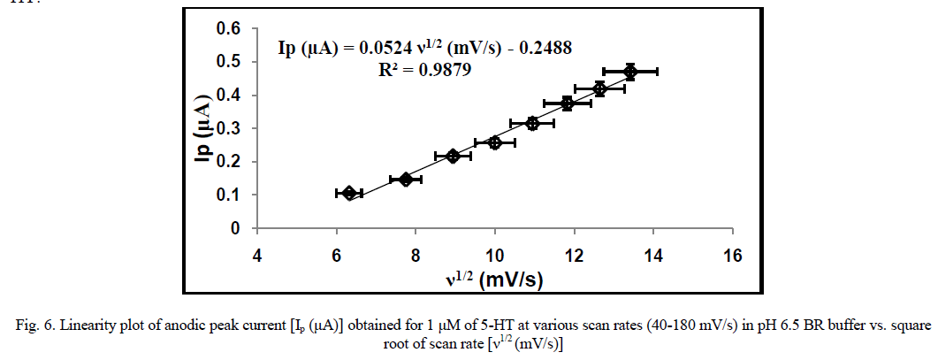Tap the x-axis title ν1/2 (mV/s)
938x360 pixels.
click(x=494, y=280)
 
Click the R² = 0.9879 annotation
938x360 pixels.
click(x=424, y=71)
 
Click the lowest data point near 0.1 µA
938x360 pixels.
click(x=349, y=193)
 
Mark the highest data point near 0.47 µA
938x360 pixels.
click(x=630, y=72)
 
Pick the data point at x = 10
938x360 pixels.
click(x=494, y=142)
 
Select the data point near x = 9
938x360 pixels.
click(x=454, y=156)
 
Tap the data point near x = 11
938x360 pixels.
click(x=532, y=123)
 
